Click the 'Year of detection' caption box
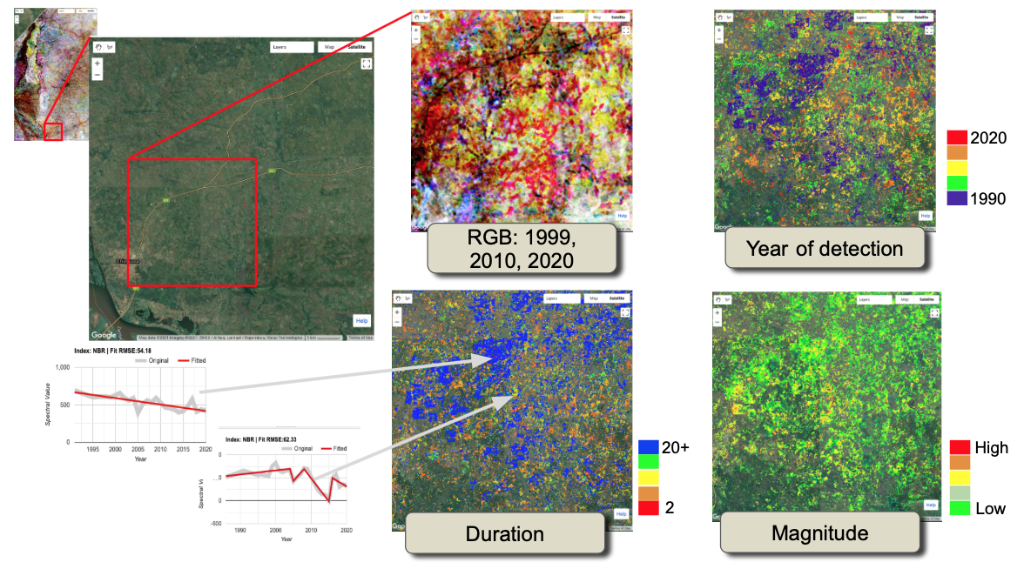(825, 250)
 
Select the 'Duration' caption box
(505, 533)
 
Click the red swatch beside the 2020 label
(957, 137)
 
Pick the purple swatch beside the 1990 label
(957, 198)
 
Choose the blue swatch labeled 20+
(649, 448)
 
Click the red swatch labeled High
(960, 448)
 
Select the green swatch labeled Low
(960, 509)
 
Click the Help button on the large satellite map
(361, 320)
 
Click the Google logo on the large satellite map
(104, 335)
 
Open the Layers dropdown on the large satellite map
(290, 47)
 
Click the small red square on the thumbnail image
(54, 131)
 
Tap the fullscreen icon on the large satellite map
(366, 64)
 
